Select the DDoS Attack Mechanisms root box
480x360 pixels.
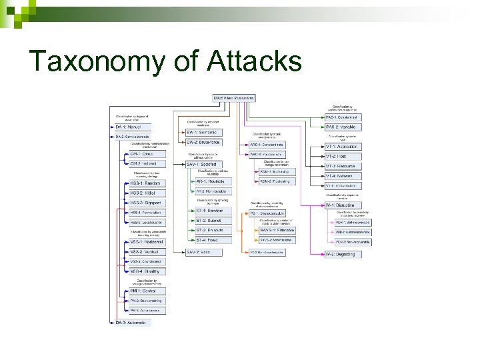pyautogui.click(x=233, y=99)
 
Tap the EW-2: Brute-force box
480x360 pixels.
pyautogui.click(x=203, y=143)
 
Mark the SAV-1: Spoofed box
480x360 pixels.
pyautogui.click(x=203, y=164)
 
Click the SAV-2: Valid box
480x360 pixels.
pyautogui.click(x=203, y=252)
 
